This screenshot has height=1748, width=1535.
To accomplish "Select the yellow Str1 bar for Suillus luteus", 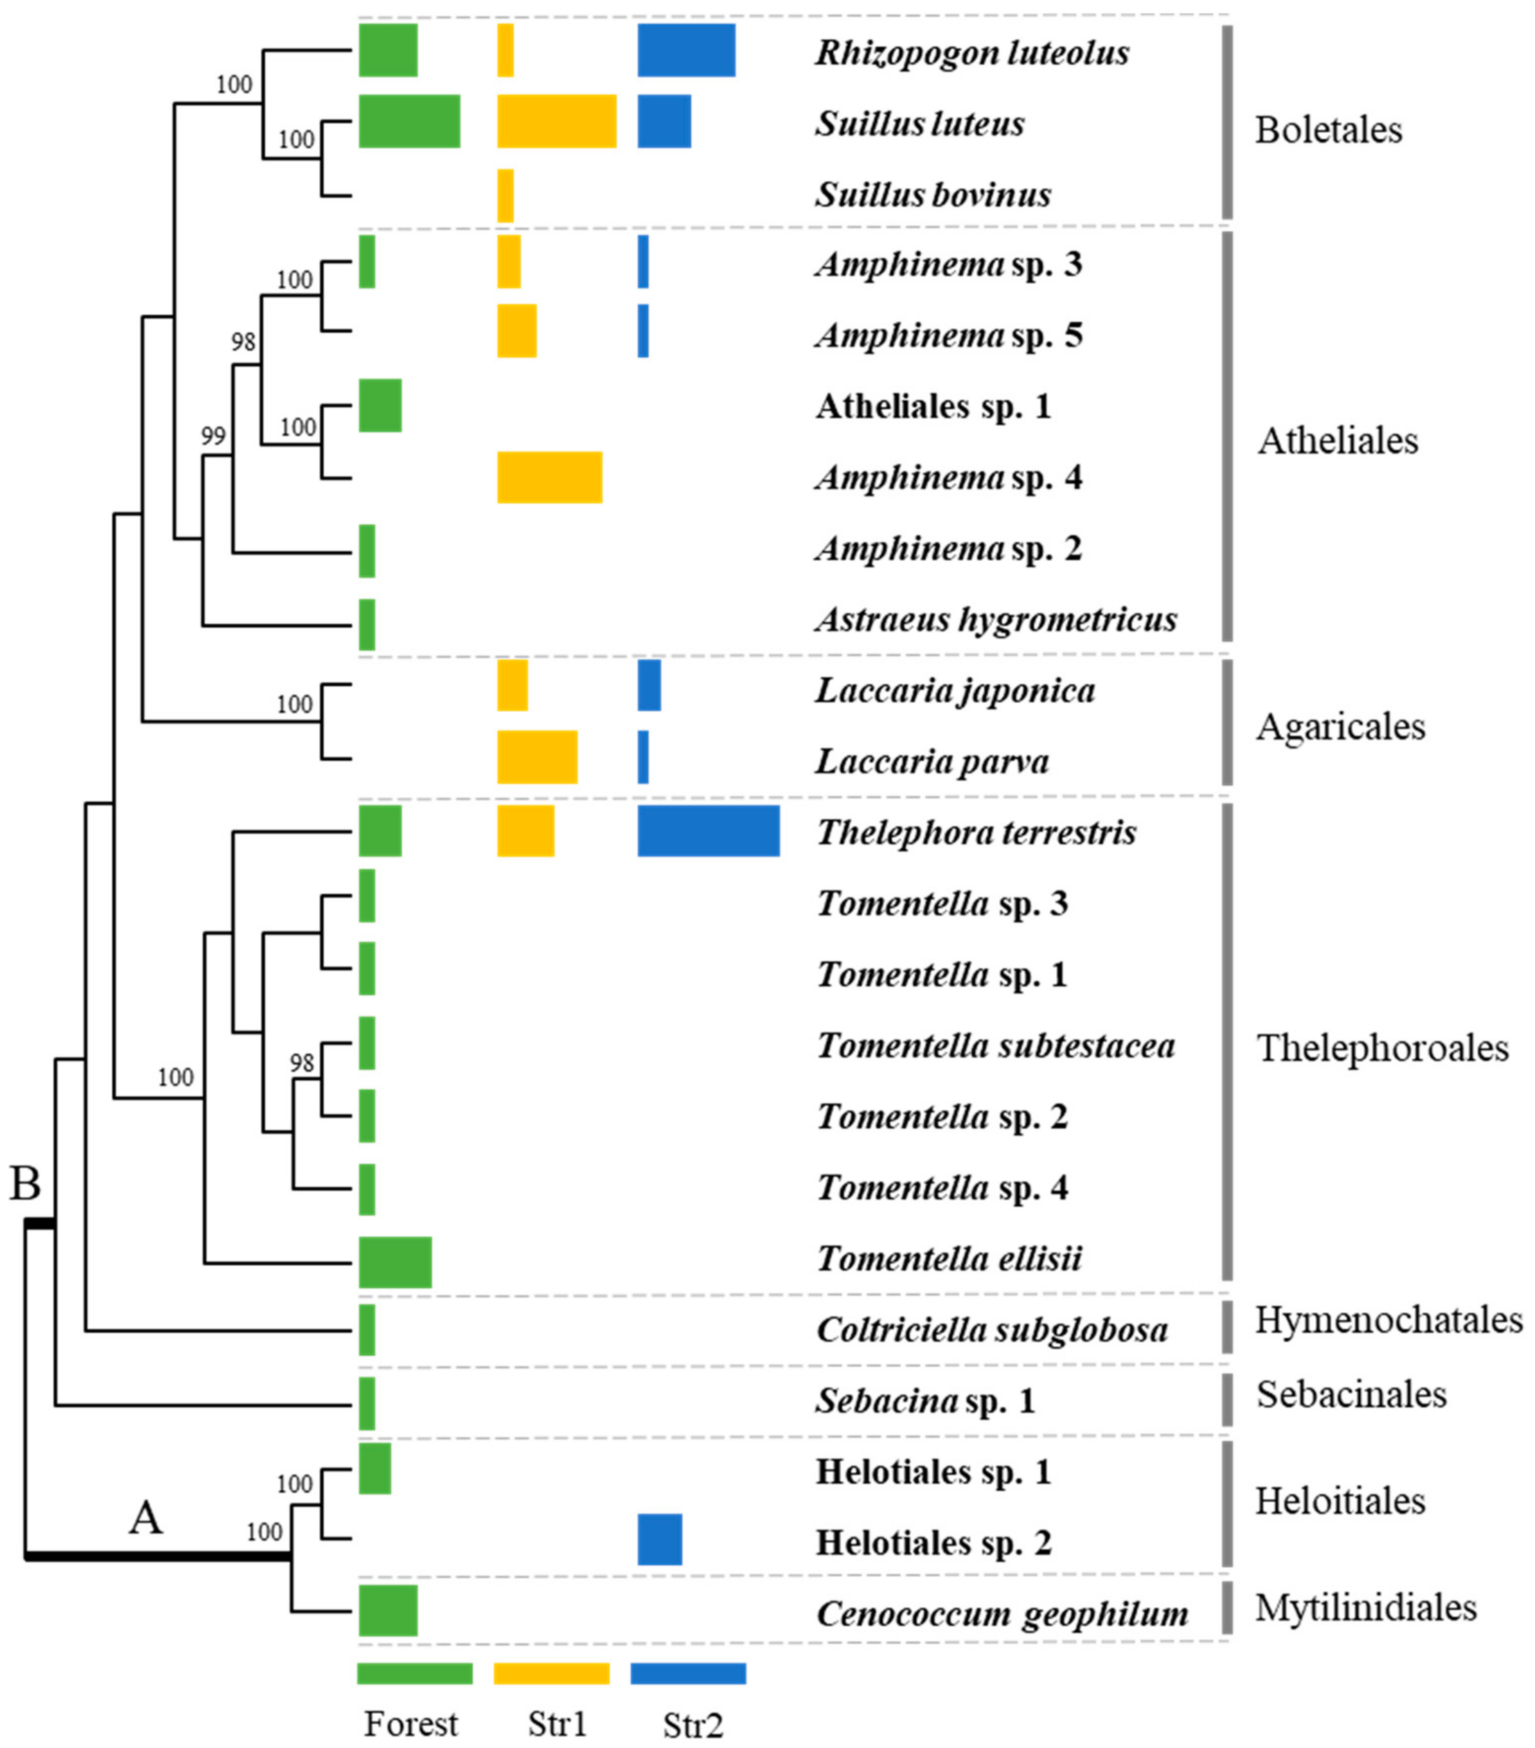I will pos(557,122).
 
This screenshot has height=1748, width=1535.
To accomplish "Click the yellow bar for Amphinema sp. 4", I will pos(550,477).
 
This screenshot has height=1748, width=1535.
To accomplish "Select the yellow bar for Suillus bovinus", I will pos(506,196).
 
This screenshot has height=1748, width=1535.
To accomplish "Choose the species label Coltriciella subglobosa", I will pos(992,1330).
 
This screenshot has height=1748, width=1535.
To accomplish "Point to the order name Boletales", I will pos(1328,130).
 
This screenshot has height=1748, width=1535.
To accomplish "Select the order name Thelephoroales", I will pos(1382,1048).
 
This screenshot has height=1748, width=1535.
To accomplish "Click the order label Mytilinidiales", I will pos(1366,1608).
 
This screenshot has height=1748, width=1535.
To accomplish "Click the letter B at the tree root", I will pos(25,1184).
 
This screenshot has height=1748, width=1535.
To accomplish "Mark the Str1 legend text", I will pos(558,1723).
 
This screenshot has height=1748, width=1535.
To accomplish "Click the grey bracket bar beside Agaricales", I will pos(1227,723).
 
